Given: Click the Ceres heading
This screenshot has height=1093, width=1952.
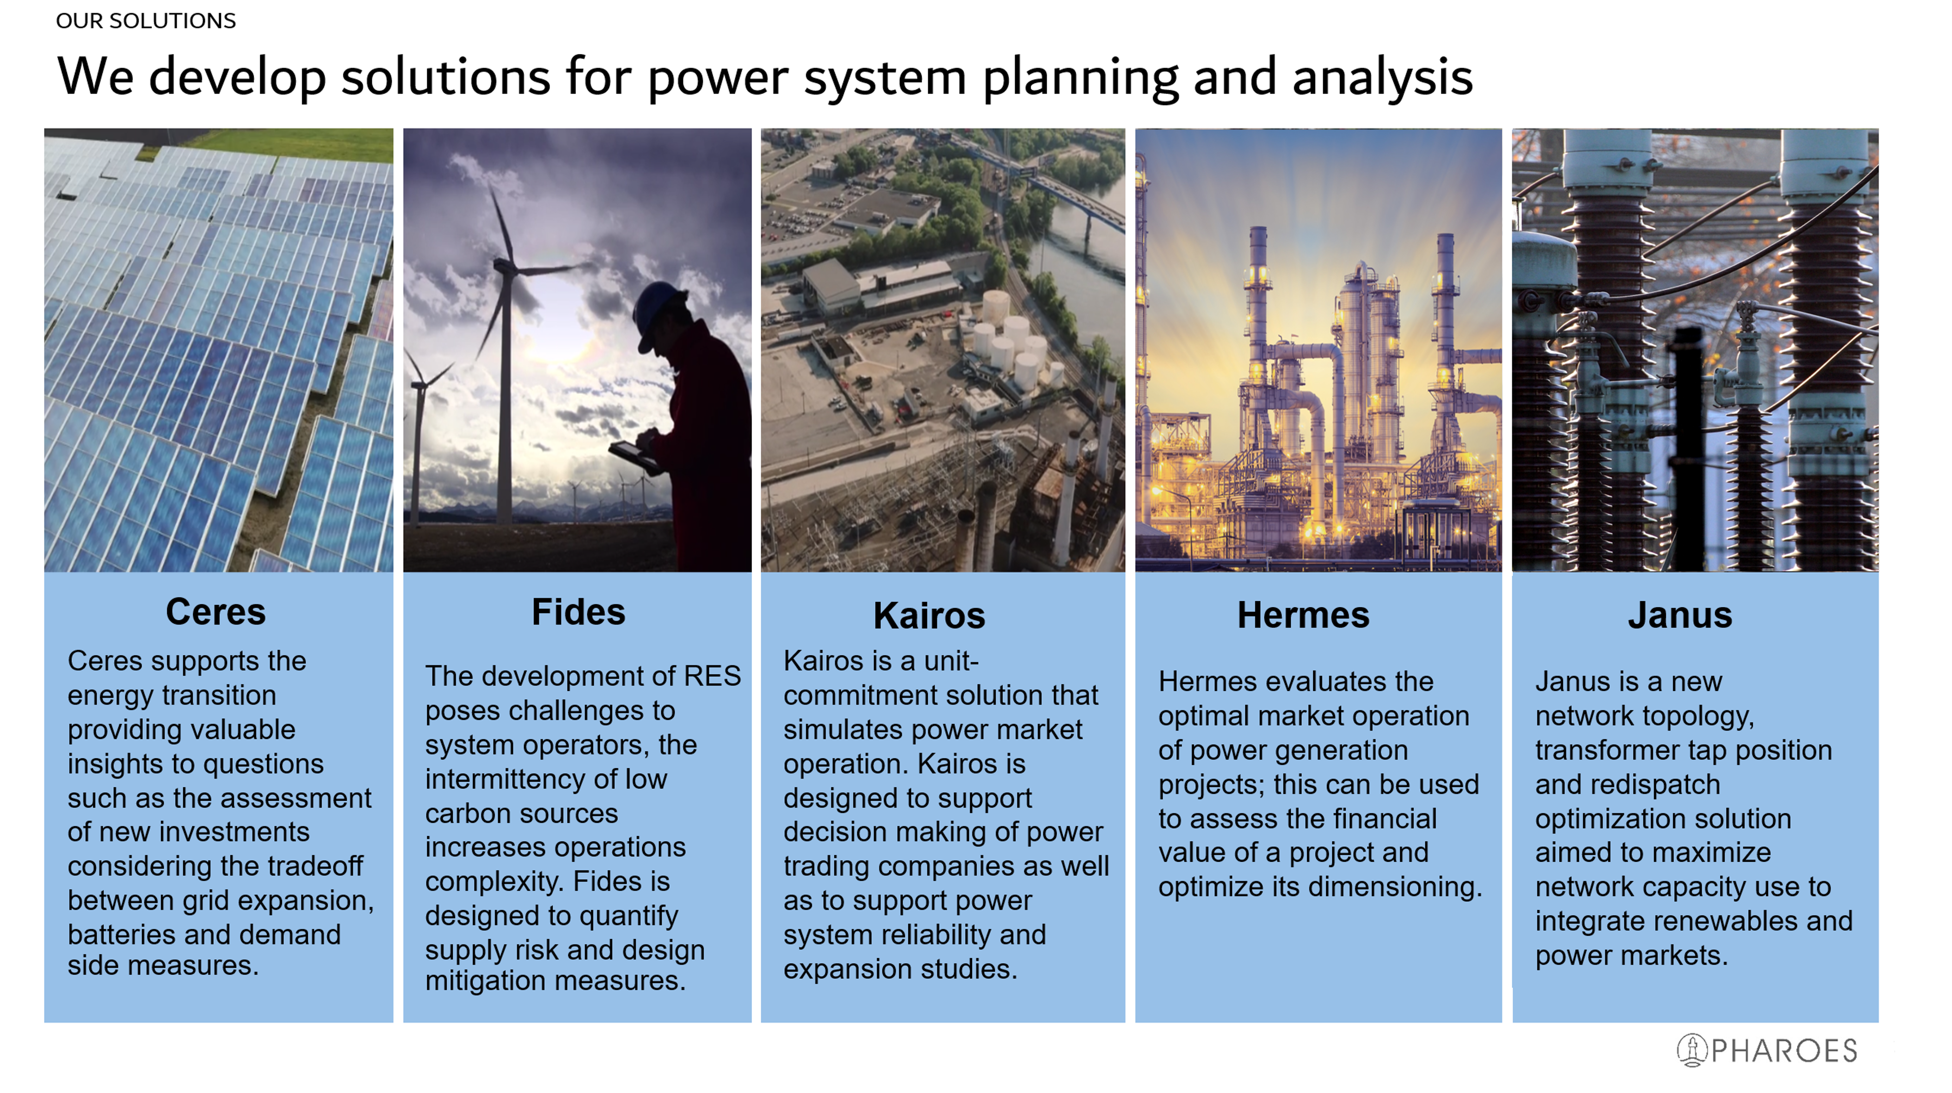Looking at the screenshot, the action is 216,612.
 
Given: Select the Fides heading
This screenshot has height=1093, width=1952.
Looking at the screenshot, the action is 578,612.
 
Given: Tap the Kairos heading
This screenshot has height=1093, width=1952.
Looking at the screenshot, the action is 929,616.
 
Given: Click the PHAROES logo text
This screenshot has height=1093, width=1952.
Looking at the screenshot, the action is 1784,1051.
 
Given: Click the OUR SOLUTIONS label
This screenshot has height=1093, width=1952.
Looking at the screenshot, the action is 146,21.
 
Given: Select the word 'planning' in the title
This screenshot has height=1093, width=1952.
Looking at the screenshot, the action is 1080,78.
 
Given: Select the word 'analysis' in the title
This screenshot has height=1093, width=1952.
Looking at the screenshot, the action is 1383,78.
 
